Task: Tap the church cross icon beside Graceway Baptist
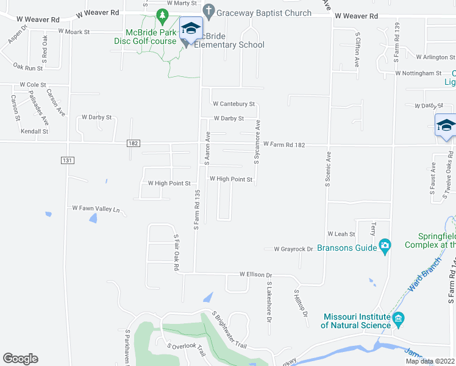click(208, 10)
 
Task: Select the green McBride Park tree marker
click(162, 15)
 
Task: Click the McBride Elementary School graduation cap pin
click(191, 29)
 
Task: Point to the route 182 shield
click(134, 143)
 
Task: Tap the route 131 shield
click(68, 160)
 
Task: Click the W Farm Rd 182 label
click(283, 145)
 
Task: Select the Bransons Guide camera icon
click(385, 246)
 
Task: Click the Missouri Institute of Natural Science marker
click(399, 318)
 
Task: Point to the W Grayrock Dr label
click(293, 249)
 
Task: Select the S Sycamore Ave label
click(257, 142)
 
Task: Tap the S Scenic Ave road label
click(327, 168)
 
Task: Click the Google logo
click(20, 359)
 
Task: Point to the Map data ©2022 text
click(430, 361)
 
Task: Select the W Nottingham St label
click(418, 73)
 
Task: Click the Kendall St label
click(34, 131)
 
